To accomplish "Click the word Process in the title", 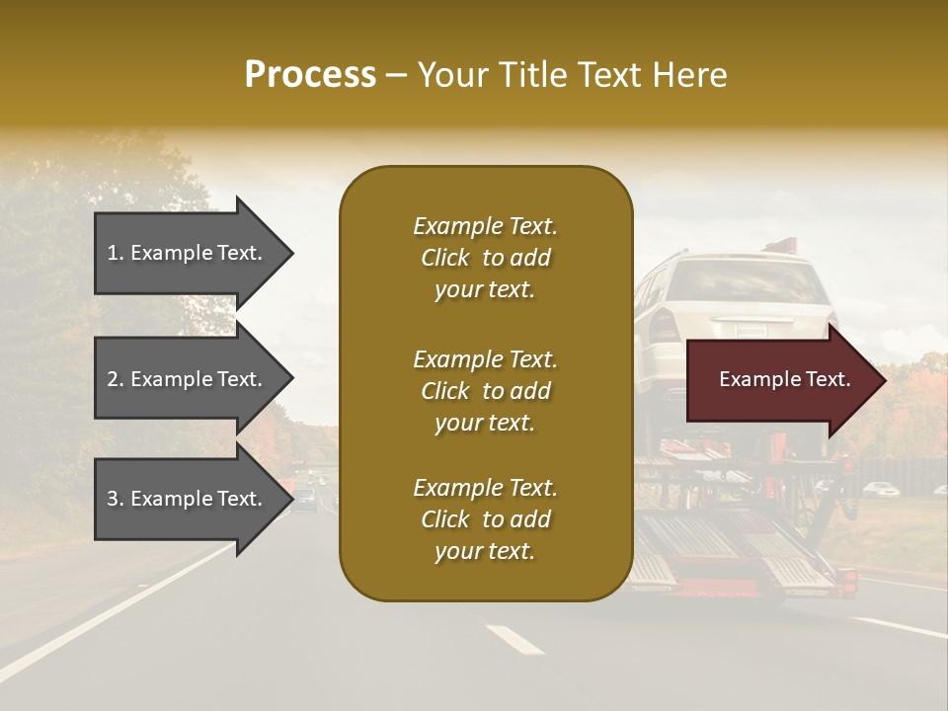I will [x=310, y=75].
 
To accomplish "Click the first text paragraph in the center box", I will [x=485, y=258].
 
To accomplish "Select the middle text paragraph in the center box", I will [x=485, y=391].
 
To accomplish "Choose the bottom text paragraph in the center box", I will [x=485, y=519].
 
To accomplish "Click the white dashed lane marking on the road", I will [x=514, y=639].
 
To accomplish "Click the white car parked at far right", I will [x=880, y=488].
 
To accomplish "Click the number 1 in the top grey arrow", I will [x=113, y=253].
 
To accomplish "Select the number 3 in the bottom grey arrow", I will [x=113, y=499].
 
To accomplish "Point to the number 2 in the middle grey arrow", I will [x=113, y=379].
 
